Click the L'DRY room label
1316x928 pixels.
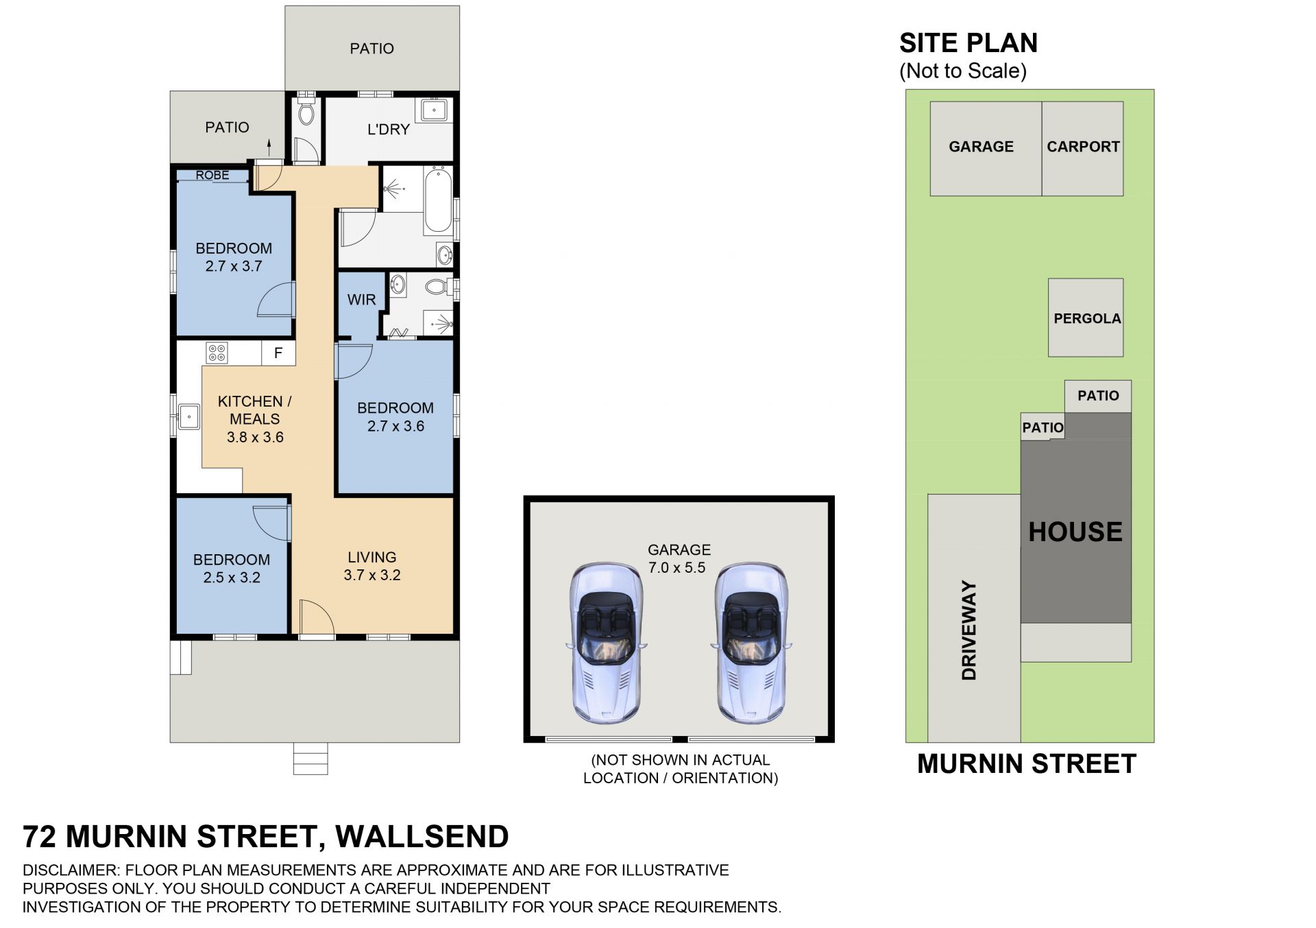[x=389, y=129]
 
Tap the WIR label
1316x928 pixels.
[x=361, y=300]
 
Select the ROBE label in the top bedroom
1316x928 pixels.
[x=212, y=175]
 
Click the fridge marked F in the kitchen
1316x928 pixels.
[x=278, y=353]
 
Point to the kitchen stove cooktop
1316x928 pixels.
[x=217, y=353]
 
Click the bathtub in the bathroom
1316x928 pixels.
[x=437, y=200]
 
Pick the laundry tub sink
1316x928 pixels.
[x=434, y=110]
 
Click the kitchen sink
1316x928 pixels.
[x=188, y=416]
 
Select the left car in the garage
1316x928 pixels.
[x=607, y=643]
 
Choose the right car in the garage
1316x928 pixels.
[x=752, y=643]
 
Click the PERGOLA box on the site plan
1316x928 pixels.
[x=1086, y=318]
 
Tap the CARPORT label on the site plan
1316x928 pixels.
[x=1083, y=147]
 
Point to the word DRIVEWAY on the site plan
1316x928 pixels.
[x=968, y=630]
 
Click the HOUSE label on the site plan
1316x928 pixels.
[x=1075, y=532]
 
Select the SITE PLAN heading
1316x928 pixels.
[x=968, y=43]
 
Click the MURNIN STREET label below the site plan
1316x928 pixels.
[x=1027, y=763]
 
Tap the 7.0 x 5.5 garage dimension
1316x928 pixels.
[x=677, y=568]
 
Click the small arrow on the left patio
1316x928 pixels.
[x=269, y=147]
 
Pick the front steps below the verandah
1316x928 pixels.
[x=310, y=759]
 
